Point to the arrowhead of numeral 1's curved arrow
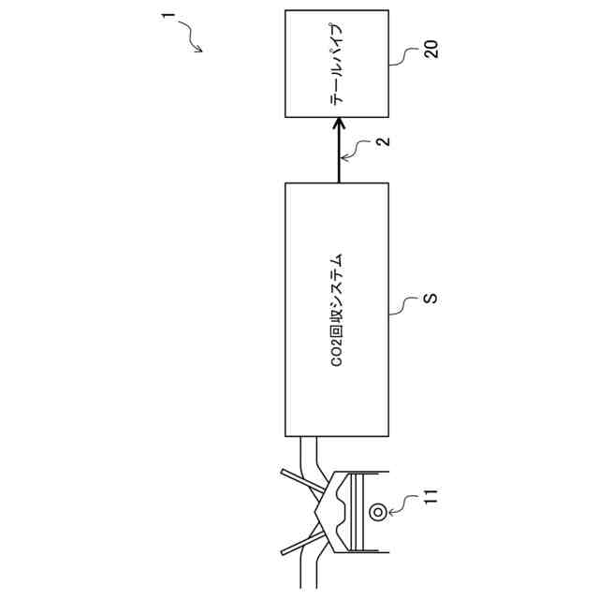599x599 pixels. [x=199, y=52]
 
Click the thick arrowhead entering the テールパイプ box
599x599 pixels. [x=339, y=125]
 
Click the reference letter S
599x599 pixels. [x=431, y=299]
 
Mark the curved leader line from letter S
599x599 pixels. [x=408, y=303]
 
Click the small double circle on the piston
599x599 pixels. [x=378, y=511]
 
